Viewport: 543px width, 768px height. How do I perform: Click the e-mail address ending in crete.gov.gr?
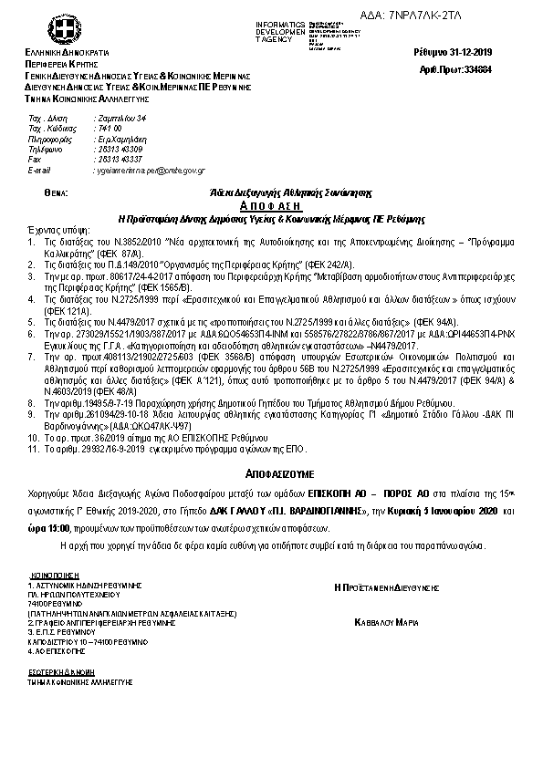150,170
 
